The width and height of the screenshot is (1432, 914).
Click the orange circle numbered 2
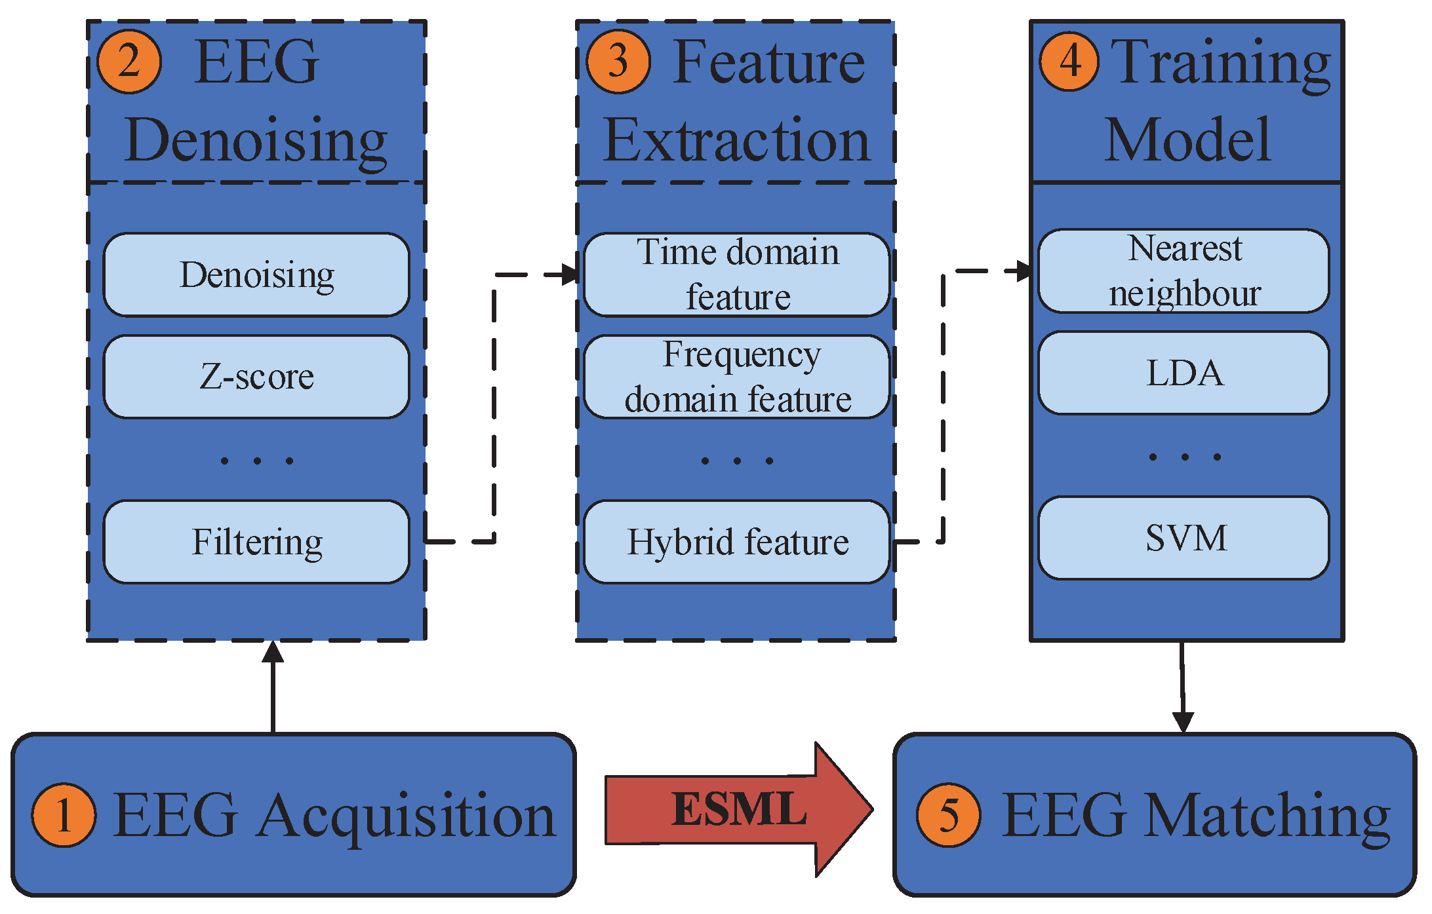point(129,62)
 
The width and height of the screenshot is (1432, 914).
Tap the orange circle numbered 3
point(618,62)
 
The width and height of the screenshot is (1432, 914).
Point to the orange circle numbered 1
point(64,815)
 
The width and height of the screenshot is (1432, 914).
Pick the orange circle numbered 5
point(948,815)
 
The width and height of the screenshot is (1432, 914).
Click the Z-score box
point(256,377)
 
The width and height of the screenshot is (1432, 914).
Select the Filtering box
point(256,542)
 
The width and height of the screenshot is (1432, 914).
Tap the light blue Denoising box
point(256,275)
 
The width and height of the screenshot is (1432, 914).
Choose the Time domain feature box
point(736,275)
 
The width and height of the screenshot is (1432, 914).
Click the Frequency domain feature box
point(736,377)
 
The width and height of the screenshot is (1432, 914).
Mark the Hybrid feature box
point(736,542)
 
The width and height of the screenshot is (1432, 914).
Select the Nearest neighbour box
point(1183,271)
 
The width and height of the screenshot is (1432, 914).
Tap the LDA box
point(1183,373)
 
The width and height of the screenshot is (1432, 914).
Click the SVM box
point(1183,538)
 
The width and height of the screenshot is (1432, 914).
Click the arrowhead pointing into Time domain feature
point(572,275)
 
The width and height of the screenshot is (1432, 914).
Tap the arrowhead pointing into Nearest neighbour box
point(1024,271)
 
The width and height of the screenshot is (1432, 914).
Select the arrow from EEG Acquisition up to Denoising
point(273,688)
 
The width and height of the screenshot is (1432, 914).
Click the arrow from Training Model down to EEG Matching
point(1182,688)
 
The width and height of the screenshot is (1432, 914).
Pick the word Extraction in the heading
point(736,141)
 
